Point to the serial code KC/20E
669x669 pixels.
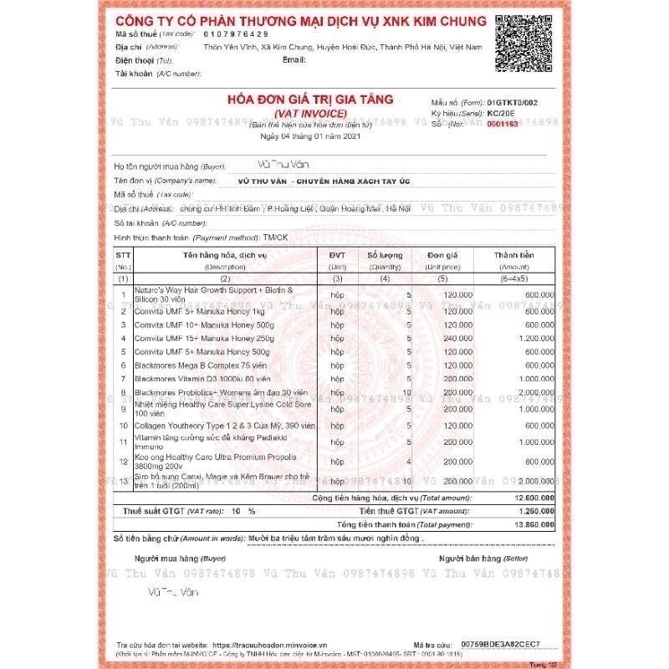501,111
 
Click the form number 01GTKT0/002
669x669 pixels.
517,100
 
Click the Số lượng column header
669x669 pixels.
385,254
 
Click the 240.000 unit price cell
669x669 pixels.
457,338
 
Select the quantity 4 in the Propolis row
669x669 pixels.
408,461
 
